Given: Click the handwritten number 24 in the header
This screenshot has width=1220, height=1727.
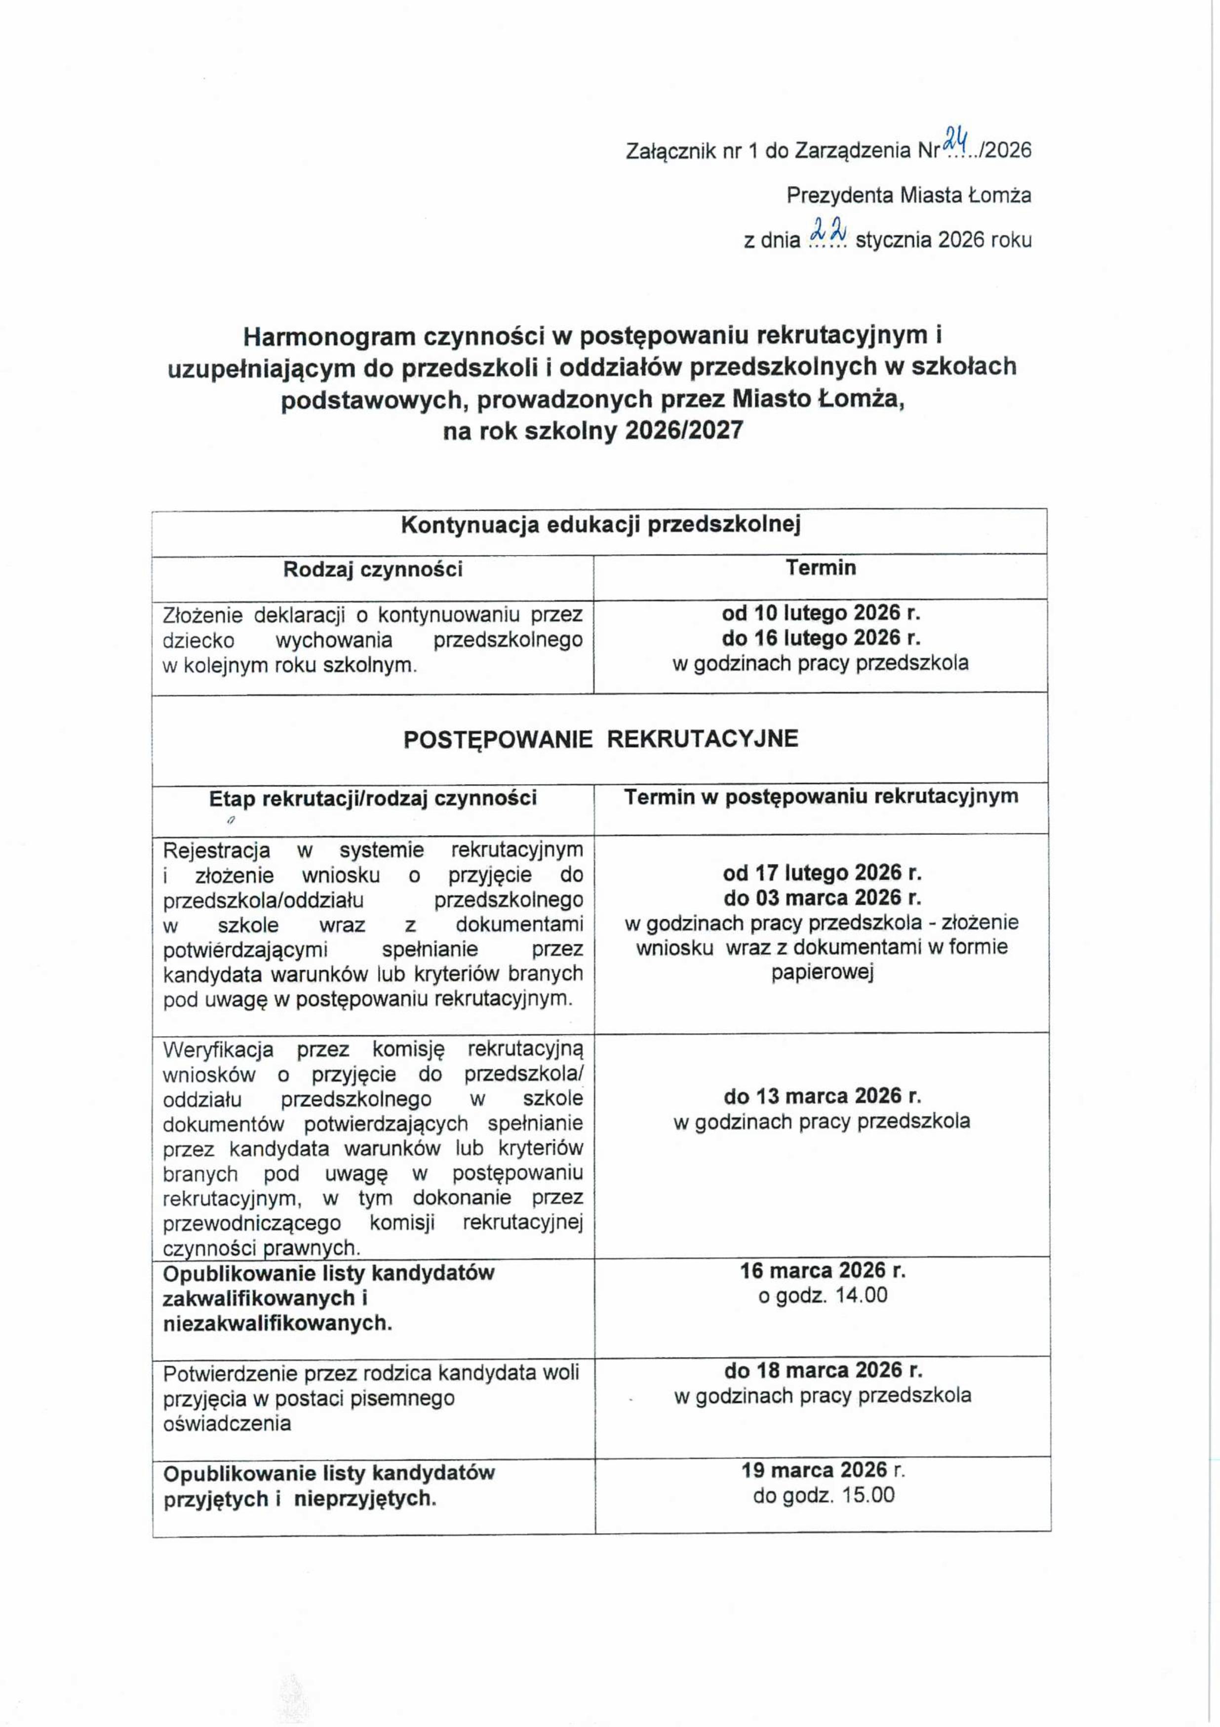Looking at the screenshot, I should (956, 138).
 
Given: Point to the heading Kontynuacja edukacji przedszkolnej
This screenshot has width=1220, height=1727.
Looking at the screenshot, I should (600, 524).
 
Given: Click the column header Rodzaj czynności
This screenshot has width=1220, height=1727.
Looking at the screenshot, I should (373, 569).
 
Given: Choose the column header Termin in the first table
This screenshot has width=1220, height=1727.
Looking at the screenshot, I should (821, 568).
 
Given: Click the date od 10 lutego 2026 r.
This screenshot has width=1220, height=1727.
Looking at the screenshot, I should (821, 613).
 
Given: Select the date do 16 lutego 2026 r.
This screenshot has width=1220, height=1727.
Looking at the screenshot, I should (821, 638).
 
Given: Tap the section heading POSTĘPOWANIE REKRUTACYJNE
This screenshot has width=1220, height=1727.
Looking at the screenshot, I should (600, 739).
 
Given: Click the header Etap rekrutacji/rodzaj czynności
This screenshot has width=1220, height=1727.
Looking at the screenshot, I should (373, 798).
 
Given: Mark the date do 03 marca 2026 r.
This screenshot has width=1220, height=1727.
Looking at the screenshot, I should (822, 898).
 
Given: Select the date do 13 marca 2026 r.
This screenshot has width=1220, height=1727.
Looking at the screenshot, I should (822, 1096).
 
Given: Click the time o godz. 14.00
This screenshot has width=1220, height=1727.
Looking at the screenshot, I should (823, 1295).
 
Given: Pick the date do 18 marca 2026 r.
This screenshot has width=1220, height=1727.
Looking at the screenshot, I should (823, 1370).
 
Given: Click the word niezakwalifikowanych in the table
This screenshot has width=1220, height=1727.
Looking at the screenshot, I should (277, 1323).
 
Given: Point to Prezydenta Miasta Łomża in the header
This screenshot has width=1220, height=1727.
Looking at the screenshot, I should (908, 195).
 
